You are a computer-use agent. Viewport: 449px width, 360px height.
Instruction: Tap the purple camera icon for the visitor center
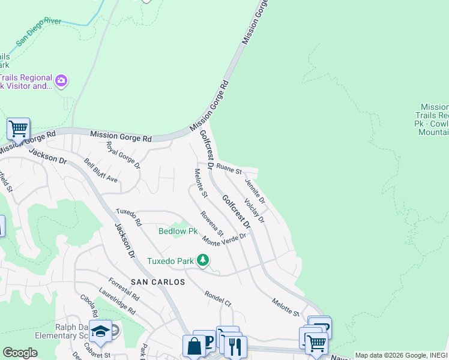[61, 80]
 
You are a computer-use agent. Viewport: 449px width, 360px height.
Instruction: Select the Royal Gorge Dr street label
[123, 155]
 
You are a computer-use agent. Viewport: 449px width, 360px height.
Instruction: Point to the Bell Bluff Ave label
[101, 171]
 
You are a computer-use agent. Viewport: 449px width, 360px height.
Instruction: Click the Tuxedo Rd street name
[128, 217]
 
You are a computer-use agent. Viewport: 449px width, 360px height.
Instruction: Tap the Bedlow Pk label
[178, 231]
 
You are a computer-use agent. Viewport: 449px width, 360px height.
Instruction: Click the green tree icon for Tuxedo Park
[203, 260]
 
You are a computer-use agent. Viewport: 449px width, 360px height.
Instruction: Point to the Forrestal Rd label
[124, 289]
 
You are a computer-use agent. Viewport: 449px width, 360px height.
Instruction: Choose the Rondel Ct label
[218, 298]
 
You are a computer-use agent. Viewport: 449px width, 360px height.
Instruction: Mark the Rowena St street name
[212, 223]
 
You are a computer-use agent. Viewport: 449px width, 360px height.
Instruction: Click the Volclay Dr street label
[255, 211]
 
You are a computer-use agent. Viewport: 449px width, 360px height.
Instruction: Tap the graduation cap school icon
[100, 331]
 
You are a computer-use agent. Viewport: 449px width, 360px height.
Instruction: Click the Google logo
[20, 353]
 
